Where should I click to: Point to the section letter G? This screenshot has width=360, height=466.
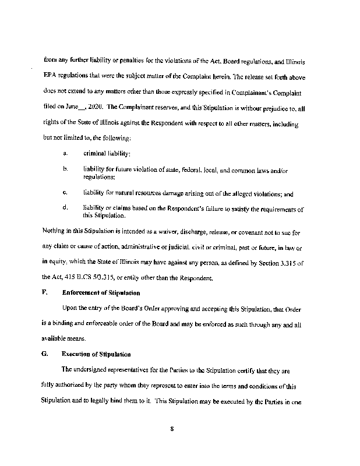click(x=45, y=354)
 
